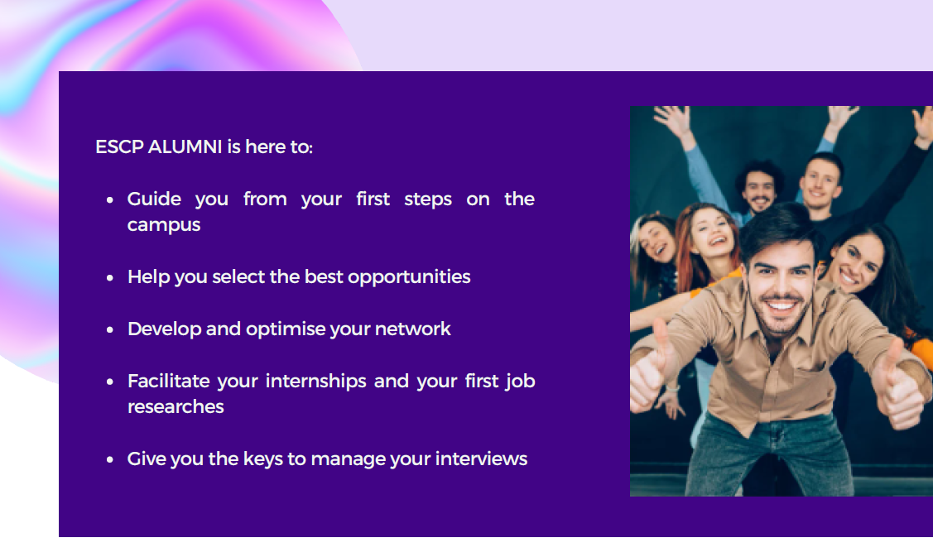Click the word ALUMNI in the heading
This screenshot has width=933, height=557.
point(185,147)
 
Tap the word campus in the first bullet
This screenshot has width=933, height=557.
point(164,226)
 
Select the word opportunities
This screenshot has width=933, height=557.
point(409,277)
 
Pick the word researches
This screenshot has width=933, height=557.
point(176,407)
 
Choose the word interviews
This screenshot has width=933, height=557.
point(481,459)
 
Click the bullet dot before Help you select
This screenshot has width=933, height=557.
point(109,278)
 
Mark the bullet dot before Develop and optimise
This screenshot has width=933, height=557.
point(109,329)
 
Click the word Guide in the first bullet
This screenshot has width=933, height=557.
point(154,199)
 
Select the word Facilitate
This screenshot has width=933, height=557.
point(168,381)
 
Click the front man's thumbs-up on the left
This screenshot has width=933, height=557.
point(650,372)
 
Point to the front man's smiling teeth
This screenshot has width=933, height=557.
point(781,306)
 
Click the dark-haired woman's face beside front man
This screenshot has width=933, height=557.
point(858,264)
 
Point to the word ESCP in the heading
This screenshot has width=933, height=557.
point(119,147)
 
